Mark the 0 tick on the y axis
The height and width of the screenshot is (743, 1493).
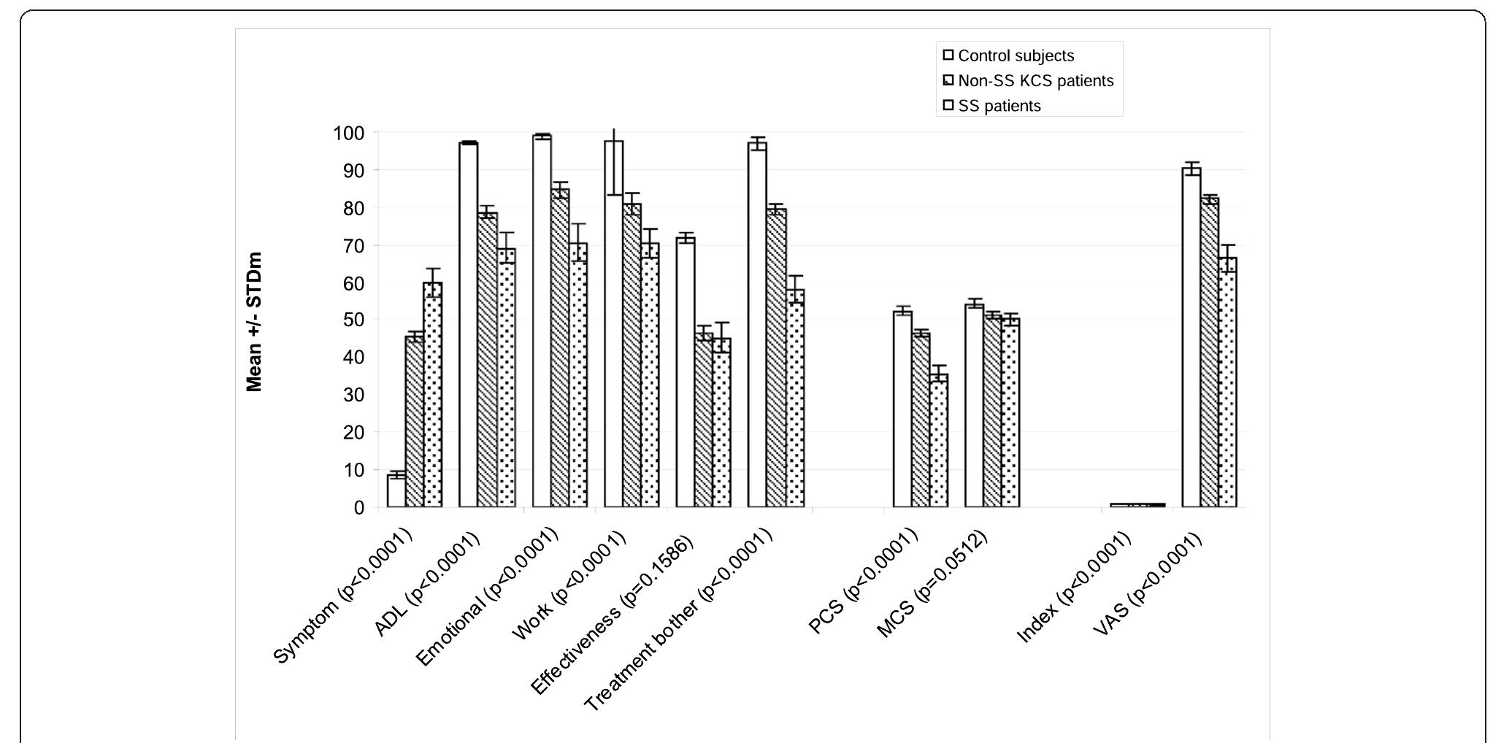click(x=358, y=507)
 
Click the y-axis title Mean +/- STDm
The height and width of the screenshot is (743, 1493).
click(x=254, y=322)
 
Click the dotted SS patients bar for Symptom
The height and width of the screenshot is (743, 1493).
click(x=433, y=394)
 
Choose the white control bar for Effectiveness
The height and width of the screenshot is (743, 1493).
click(x=686, y=372)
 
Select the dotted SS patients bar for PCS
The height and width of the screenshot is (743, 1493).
click(x=939, y=441)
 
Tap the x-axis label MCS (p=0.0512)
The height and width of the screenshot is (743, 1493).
click(x=932, y=583)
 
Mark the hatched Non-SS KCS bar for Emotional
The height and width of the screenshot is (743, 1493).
click(x=560, y=347)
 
